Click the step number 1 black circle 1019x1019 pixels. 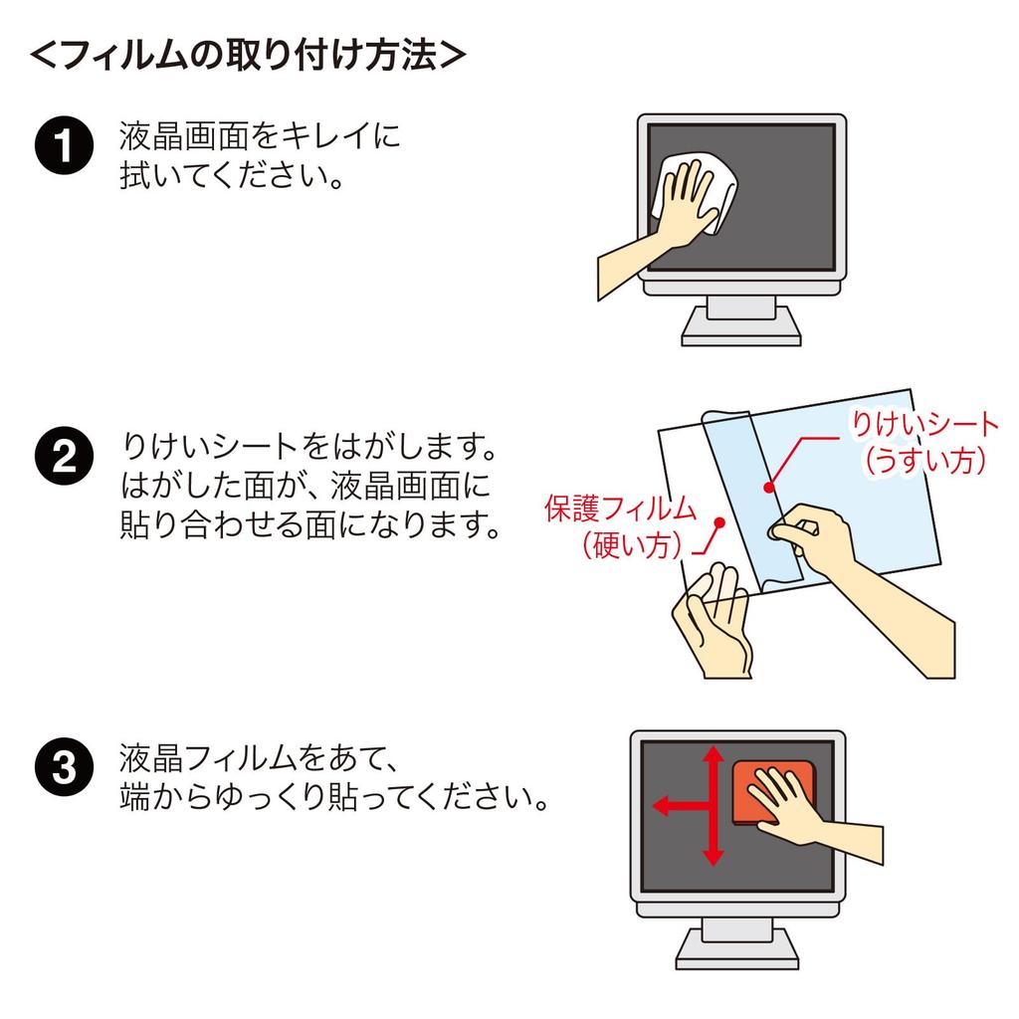tap(62, 146)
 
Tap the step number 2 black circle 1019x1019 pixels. tap(62, 457)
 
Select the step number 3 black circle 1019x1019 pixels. tap(62, 769)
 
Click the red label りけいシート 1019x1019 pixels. tap(922, 425)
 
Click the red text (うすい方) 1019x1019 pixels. tap(924, 461)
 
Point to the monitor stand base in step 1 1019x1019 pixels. tap(740, 336)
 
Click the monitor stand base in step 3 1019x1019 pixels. tap(737, 959)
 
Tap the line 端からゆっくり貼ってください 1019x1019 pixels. tap(333, 797)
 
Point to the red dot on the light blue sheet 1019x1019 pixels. tap(769, 488)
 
